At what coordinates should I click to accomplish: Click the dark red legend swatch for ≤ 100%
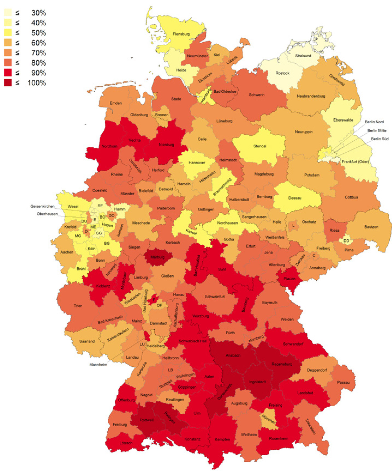point(8,83)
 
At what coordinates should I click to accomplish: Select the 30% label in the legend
point(39,13)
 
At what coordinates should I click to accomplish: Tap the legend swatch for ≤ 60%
point(8,43)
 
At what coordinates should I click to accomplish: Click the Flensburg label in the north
point(181,34)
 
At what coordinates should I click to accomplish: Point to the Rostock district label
point(282,73)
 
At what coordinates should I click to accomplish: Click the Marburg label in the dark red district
point(157,257)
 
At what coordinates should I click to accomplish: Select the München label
point(269,419)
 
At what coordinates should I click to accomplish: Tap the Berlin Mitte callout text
point(377,130)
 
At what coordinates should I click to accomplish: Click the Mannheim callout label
point(98,365)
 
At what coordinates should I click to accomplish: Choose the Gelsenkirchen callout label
point(42,206)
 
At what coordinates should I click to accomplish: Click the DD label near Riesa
point(346,241)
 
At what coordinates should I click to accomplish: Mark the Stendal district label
point(260,146)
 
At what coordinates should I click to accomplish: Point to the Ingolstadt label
point(257,382)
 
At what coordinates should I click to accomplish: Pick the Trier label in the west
point(78,306)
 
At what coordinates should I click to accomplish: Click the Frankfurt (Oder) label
point(355,162)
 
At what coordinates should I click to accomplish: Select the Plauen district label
point(289,279)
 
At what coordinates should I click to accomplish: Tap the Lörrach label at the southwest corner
point(126,443)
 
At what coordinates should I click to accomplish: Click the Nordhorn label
point(109,146)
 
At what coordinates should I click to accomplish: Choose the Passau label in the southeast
point(343,382)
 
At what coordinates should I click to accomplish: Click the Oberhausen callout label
point(47,214)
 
